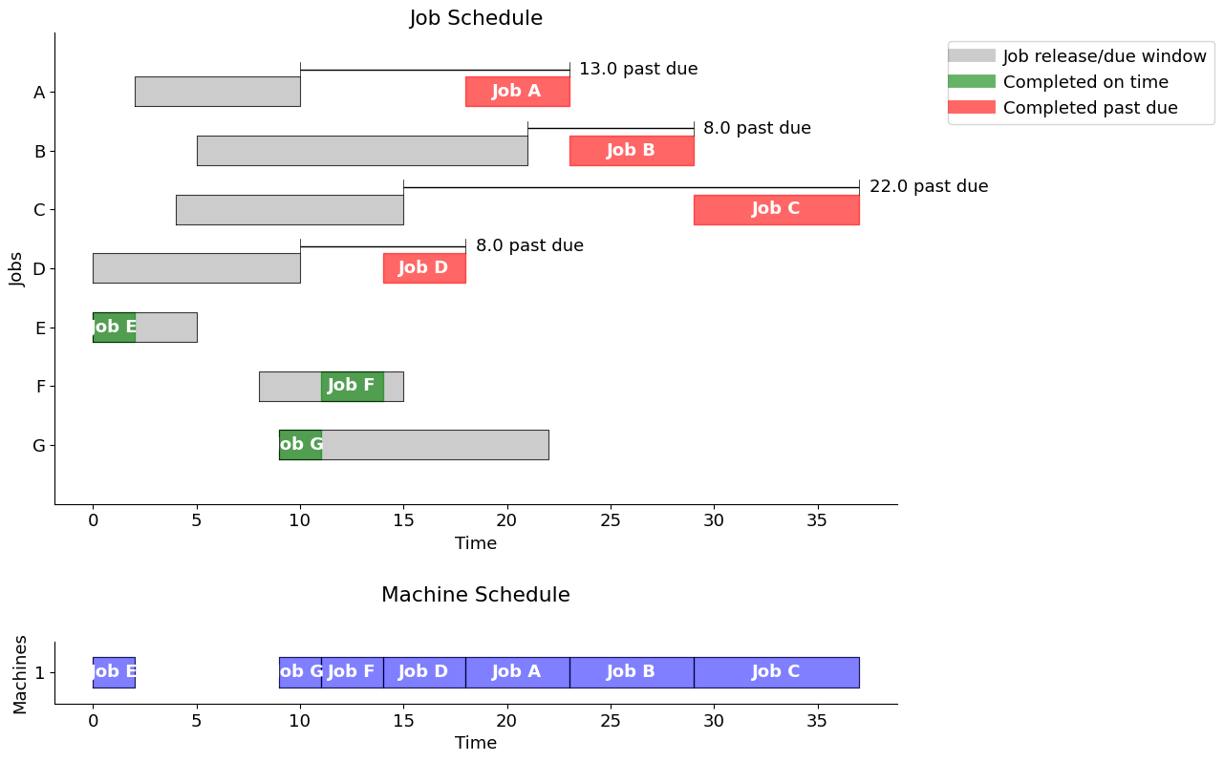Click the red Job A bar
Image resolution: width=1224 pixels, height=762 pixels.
[x=517, y=92]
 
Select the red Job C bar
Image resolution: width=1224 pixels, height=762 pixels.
[x=776, y=209]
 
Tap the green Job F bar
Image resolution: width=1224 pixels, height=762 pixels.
[x=352, y=386]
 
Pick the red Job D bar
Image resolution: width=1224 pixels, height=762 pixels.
[x=423, y=268]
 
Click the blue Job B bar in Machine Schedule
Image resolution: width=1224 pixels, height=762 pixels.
[x=631, y=672]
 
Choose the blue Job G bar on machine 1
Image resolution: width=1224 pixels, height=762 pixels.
[x=300, y=672]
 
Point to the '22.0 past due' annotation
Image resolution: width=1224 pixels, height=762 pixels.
[x=928, y=186]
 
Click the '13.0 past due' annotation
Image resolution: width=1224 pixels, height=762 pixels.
[x=638, y=69]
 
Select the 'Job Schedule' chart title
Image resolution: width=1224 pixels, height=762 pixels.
[x=476, y=18]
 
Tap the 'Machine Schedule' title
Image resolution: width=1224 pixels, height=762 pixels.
[x=476, y=595]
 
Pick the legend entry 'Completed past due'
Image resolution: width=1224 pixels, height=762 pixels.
[x=1089, y=108]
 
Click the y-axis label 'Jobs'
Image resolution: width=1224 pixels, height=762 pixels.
[x=17, y=268]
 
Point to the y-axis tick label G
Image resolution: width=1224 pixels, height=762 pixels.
[x=39, y=445]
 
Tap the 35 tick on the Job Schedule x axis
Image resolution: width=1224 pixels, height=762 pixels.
[x=818, y=520]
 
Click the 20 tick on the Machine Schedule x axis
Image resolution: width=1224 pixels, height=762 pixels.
[x=507, y=721]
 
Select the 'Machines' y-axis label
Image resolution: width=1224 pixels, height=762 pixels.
[x=21, y=674]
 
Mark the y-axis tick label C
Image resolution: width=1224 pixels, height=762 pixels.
[x=39, y=210]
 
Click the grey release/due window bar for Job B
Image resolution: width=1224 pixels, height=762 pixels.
[x=361, y=151]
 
